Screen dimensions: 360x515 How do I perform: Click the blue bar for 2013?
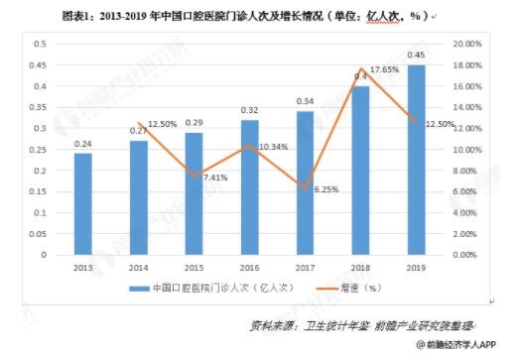pyautogui.click(x=82, y=203)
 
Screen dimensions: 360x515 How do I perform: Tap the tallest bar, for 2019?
pyautogui.click(x=417, y=159)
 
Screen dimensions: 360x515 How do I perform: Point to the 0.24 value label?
pyautogui.click(x=82, y=144)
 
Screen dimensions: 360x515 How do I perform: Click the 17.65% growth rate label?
pyautogui.click(x=384, y=69)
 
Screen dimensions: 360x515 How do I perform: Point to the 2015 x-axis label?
pyautogui.click(x=193, y=267)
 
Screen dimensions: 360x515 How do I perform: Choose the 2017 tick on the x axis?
pyautogui.click(x=305, y=267)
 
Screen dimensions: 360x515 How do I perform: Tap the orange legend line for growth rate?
pyautogui.click(x=321, y=289)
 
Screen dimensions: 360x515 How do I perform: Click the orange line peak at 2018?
pyautogui.click(x=361, y=68)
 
